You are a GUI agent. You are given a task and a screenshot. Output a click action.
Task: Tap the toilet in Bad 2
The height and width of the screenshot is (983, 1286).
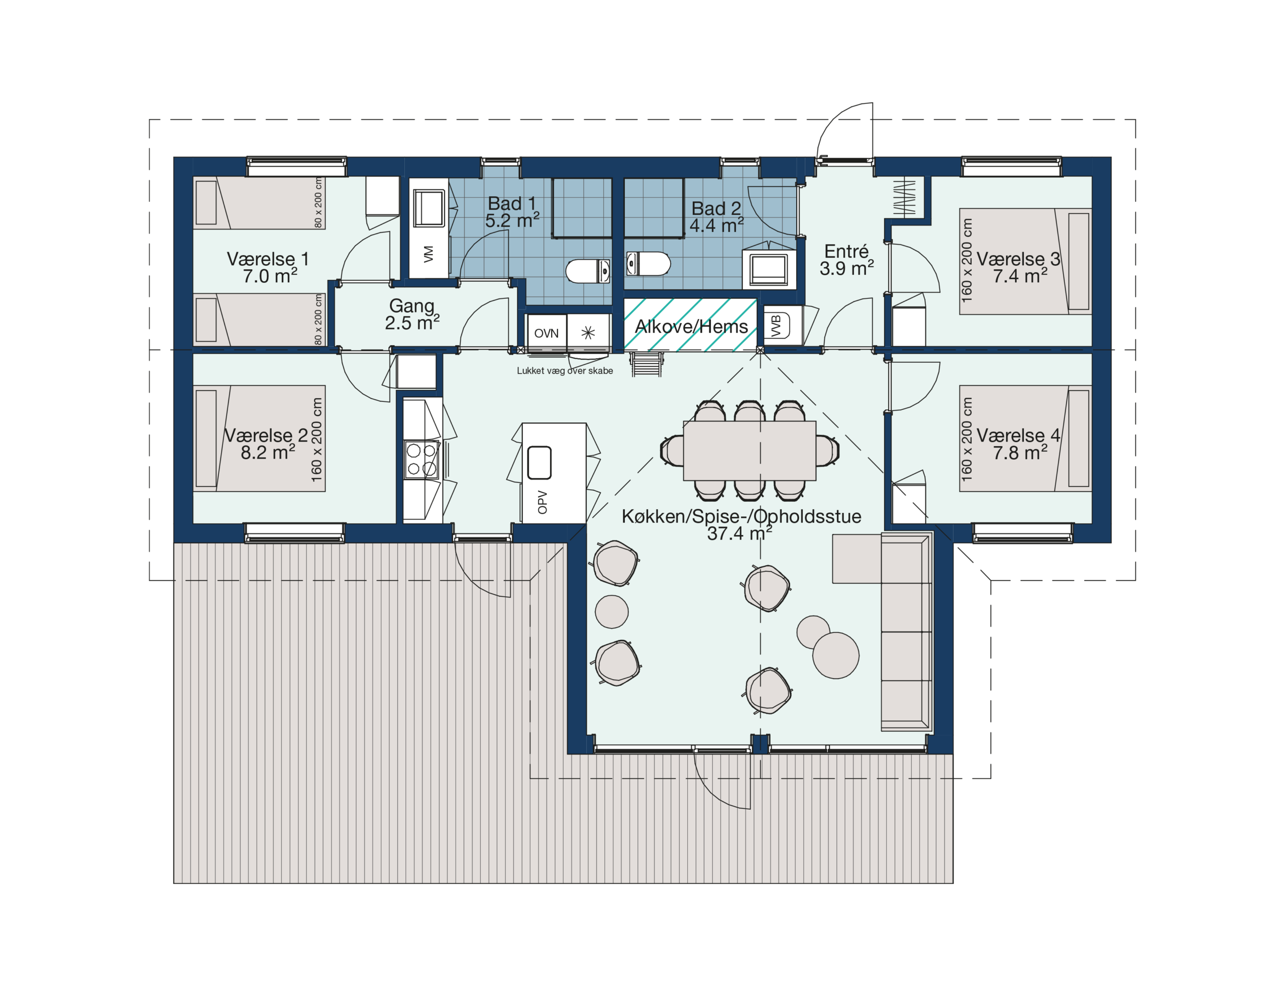648,263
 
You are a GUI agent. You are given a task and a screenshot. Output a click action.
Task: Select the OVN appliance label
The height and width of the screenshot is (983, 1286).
546,334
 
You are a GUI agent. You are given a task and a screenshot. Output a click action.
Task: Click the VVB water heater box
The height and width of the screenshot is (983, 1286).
777,325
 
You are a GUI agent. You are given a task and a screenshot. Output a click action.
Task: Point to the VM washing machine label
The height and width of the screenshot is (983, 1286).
428,254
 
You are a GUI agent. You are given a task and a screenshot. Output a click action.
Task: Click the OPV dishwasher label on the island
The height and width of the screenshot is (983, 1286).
543,502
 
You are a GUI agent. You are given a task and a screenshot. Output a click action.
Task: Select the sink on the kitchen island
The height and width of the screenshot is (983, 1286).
539,463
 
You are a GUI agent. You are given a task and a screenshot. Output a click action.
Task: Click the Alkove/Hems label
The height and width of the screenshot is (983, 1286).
691,326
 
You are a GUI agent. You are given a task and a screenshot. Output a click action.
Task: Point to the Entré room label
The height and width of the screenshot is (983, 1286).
846,252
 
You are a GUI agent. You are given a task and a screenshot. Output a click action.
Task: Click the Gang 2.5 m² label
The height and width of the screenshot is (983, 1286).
412,314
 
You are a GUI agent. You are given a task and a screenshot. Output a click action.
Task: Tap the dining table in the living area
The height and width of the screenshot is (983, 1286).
749,451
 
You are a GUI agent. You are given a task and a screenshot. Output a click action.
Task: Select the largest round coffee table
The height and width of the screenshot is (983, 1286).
835,656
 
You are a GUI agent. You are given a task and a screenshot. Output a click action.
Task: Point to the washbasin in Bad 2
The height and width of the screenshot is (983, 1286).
769,269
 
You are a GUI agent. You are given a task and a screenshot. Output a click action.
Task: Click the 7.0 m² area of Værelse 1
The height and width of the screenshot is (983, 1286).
270,276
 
